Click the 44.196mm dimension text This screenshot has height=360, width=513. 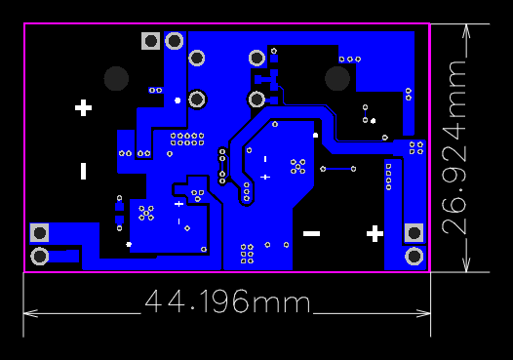pos(227,302)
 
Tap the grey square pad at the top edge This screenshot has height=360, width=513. pos(150,41)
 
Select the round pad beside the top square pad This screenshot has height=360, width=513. pos(175,41)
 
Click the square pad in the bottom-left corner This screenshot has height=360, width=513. pos(40,232)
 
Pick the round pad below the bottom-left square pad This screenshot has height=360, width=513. pos(40,256)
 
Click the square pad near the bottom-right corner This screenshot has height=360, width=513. pos(414,233)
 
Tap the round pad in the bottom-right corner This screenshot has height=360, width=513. pos(414,256)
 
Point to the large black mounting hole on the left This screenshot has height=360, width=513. pos(116,78)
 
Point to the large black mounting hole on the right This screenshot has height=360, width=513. pos(337,78)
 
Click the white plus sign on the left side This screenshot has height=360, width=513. pos(84,107)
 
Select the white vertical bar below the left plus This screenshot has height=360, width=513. pos(84,171)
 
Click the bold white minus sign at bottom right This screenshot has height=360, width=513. pos(312,233)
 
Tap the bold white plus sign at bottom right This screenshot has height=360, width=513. pos(375,233)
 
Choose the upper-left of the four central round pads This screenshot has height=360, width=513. pos(196,59)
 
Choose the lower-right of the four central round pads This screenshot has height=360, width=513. pos(256,99)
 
